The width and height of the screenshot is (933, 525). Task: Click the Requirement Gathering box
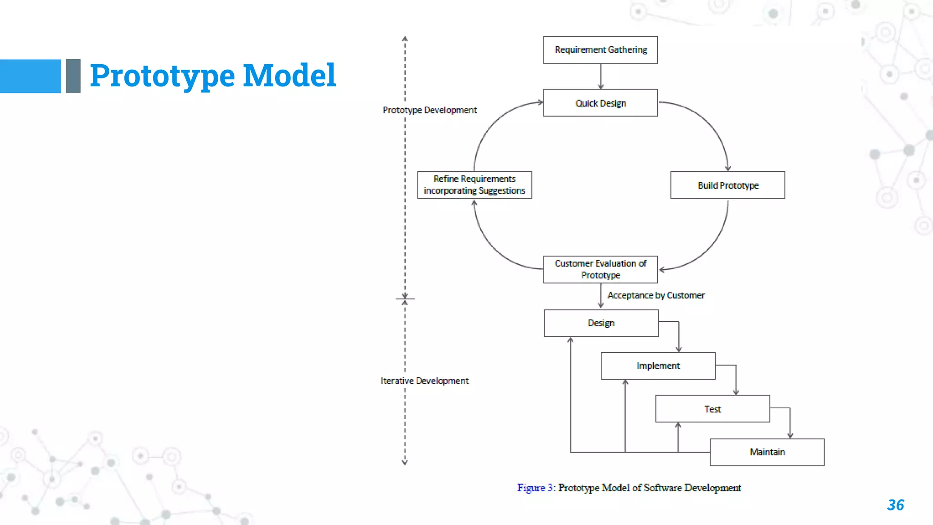[x=600, y=50]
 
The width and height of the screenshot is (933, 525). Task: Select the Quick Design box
[x=600, y=103]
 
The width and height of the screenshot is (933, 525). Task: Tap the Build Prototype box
[x=728, y=185]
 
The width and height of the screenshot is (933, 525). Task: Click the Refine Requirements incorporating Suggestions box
[x=474, y=185]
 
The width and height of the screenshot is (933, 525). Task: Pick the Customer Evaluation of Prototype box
[x=600, y=269]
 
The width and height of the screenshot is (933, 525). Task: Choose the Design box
[x=601, y=323]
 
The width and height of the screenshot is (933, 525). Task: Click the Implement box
[x=658, y=365]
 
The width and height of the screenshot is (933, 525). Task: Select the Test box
[x=713, y=409]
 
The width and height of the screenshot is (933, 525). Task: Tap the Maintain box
[x=767, y=452]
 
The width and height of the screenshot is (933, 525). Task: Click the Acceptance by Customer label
[x=656, y=295]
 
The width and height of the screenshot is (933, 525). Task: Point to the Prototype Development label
[x=430, y=110]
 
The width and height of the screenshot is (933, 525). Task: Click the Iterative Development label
[x=424, y=381]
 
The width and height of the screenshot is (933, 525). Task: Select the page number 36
[x=895, y=505]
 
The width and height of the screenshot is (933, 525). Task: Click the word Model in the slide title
[x=289, y=75]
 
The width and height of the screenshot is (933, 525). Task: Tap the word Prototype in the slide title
[x=162, y=76]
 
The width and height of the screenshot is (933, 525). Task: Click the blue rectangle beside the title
[x=30, y=76]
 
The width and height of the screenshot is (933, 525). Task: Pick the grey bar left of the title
[x=73, y=76]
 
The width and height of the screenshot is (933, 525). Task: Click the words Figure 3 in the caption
[x=535, y=488]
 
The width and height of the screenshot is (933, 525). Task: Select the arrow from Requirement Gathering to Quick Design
[x=600, y=76]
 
